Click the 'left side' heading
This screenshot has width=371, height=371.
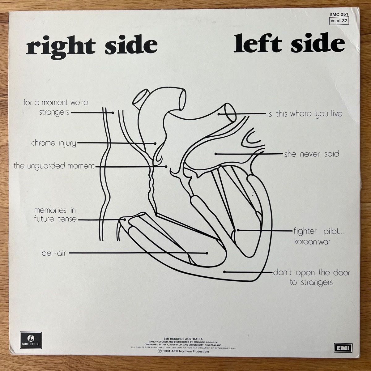pyautogui.click(x=289, y=45)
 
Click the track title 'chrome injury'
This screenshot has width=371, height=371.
pyautogui.click(x=53, y=143)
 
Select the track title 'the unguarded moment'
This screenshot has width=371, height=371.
pyautogui.click(x=54, y=166)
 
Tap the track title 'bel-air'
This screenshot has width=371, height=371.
pyautogui.click(x=53, y=254)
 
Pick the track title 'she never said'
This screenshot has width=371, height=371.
pyautogui.click(x=312, y=154)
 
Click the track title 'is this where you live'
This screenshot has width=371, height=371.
pyautogui.click(x=305, y=114)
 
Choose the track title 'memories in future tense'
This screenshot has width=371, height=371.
pyautogui.click(x=55, y=215)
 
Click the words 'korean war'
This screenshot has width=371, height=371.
pyautogui.click(x=312, y=242)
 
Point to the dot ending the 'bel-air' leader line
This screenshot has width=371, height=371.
pyautogui.click(x=207, y=253)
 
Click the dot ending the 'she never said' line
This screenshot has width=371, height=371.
pyautogui.click(x=216, y=154)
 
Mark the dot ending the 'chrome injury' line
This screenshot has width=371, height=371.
pyautogui.click(x=155, y=143)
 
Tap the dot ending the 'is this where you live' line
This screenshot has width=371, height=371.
pyautogui.click(x=219, y=114)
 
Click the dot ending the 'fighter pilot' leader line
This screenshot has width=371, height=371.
pyautogui.click(x=238, y=230)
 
